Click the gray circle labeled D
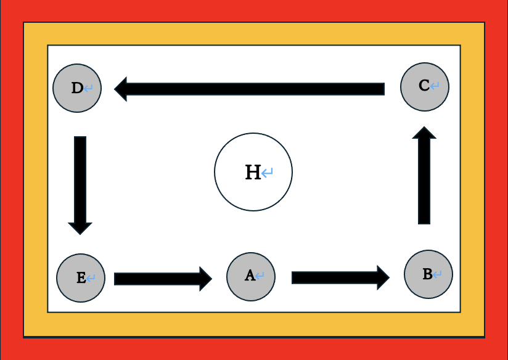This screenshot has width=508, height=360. coord(76,88)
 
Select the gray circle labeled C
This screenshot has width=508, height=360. coord(425,87)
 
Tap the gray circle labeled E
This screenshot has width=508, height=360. coord(81,278)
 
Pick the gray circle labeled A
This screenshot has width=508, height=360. coord(251,277)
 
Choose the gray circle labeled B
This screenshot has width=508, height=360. coord(428,274)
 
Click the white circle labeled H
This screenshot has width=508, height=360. coord(253,172)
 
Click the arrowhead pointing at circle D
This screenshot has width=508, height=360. coord(121,89)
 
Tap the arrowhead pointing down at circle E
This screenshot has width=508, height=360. coord(80,227)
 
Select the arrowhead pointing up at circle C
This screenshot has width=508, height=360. coord(424,133)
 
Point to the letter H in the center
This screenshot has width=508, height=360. coord(253,173)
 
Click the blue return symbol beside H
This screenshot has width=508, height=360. coord(268,173)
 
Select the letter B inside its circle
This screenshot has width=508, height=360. coord(427,274)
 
